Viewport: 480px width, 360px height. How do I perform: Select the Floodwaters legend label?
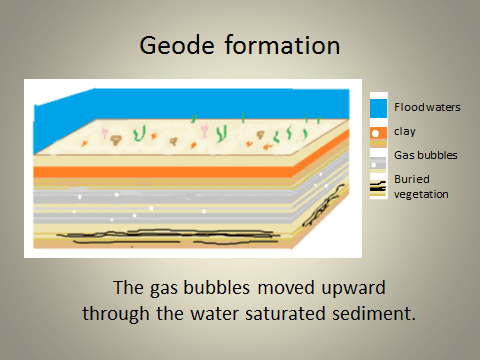[x=427, y=107]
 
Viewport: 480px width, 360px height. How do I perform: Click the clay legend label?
[x=404, y=131]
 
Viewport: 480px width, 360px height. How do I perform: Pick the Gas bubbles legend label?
[x=425, y=156]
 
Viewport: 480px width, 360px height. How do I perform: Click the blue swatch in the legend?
[x=377, y=106]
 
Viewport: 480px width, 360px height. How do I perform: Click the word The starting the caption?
[x=128, y=288]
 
